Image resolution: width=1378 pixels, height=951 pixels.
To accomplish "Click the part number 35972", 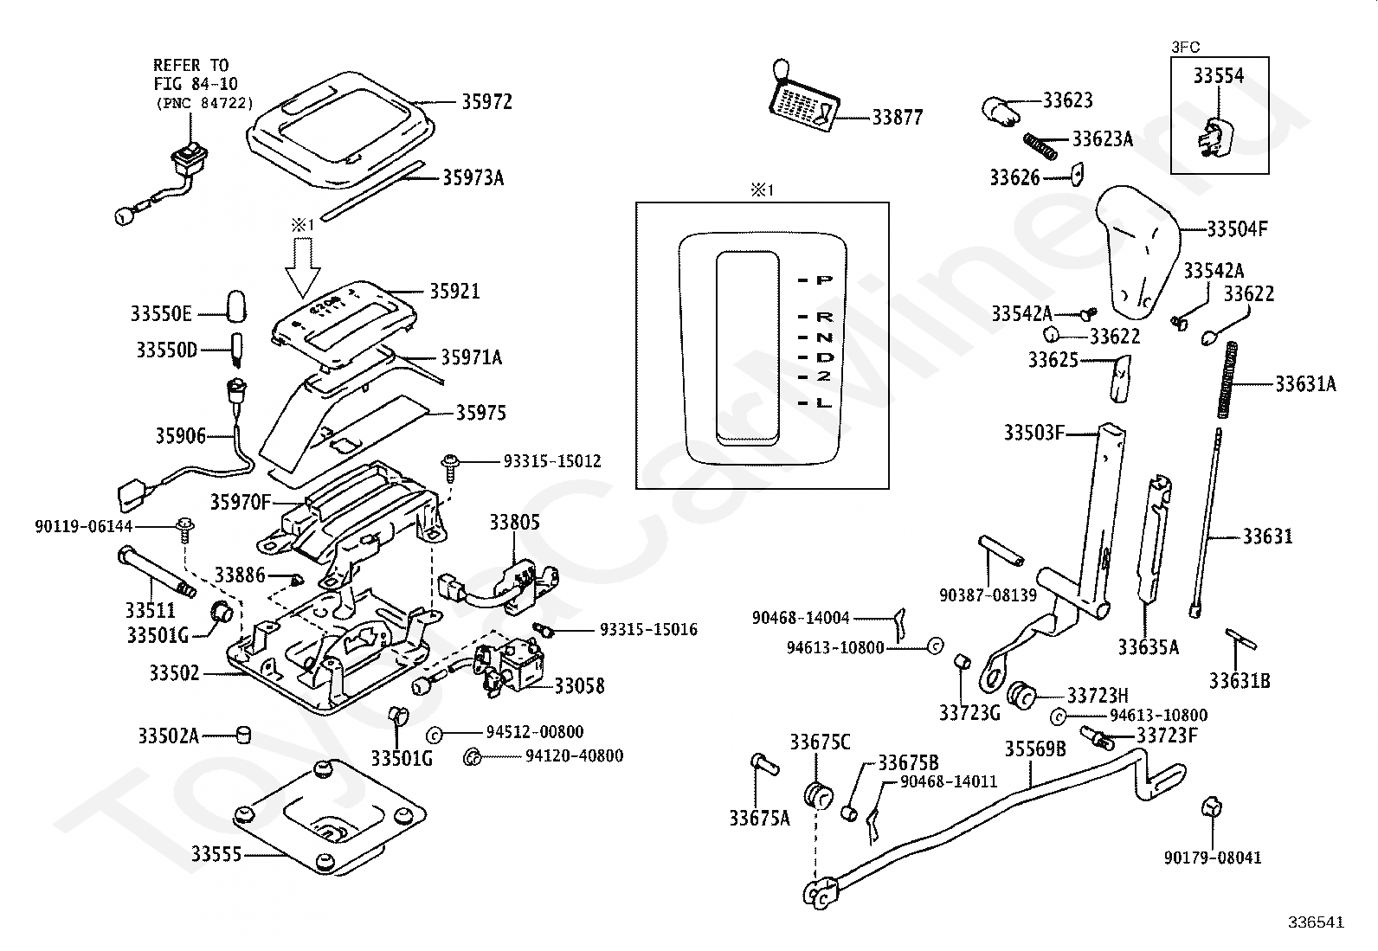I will click(x=486, y=102).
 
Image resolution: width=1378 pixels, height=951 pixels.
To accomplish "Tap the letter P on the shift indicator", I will click(x=825, y=280).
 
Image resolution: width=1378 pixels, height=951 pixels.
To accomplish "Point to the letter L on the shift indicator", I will click(x=824, y=403).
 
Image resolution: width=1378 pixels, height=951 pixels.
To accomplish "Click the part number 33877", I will click(x=897, y=118).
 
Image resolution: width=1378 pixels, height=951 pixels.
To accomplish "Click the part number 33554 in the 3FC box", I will click(x=1218, y=76).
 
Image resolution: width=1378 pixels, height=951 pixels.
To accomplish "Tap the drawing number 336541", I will click(x=1315, y=922).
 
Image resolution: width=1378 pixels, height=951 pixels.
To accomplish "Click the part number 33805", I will click(x=514, y=522).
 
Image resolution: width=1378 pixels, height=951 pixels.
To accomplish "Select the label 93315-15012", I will click(x=551, y=462).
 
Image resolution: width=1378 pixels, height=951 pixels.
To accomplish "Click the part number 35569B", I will click(x=1034, y=749).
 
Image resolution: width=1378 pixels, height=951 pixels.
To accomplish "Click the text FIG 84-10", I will click(x=195, y=84).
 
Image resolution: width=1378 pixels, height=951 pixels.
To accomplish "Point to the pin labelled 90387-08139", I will click(x=1002, y=550).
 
